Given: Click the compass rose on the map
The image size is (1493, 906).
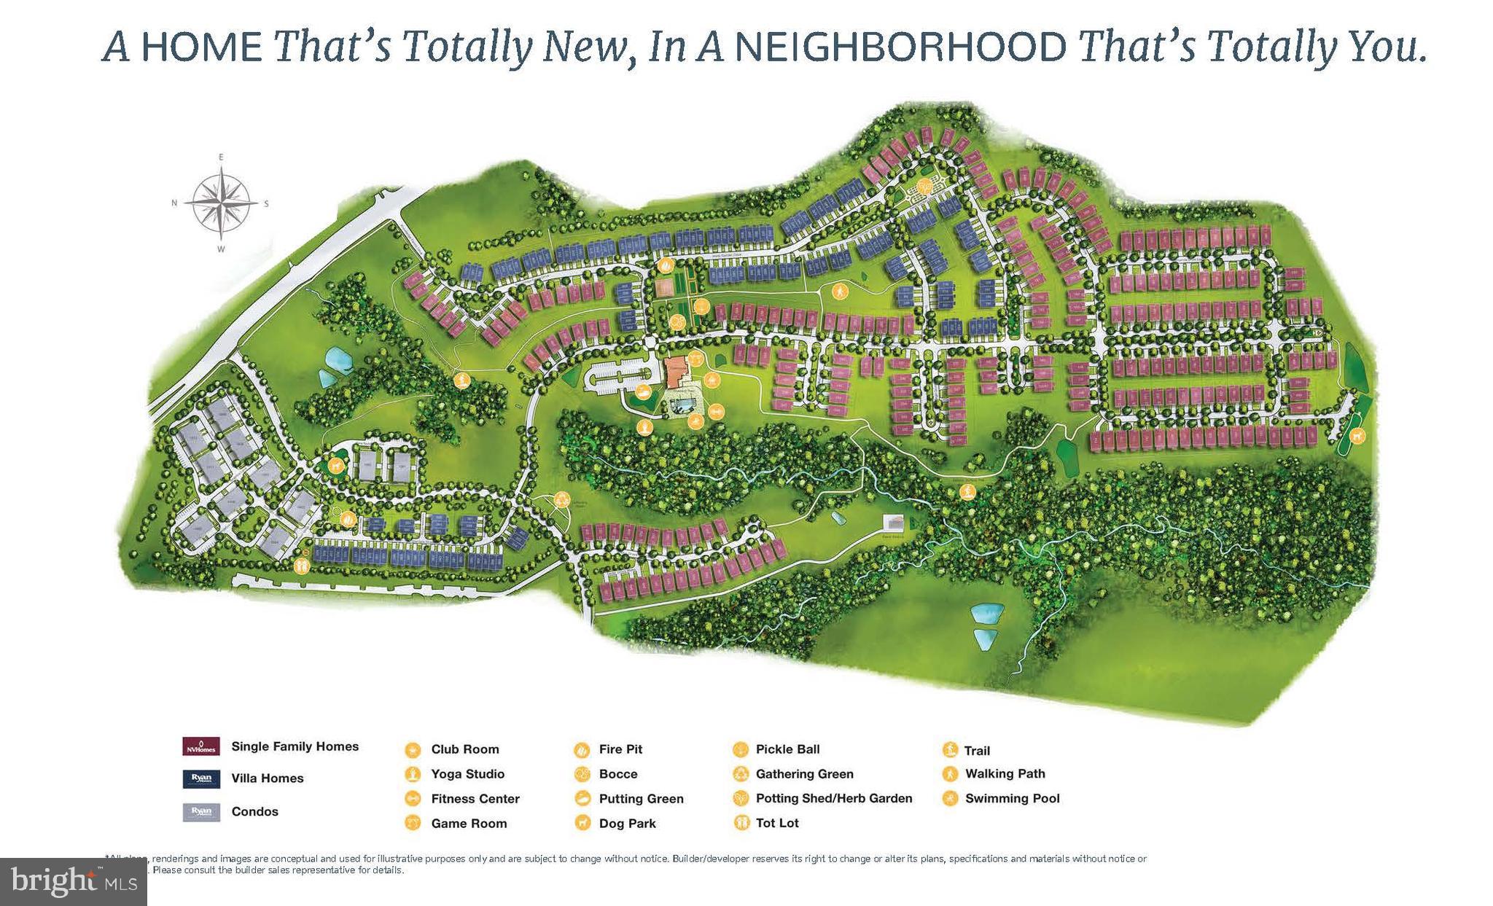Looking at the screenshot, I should click(x=221, y=203).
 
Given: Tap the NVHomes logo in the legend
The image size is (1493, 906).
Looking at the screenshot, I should click(x=200, y=746).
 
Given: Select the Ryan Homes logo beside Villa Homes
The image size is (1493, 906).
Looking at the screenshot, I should click(x=200, y=778).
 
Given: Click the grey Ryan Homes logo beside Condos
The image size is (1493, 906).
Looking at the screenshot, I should click(x=200, y=811).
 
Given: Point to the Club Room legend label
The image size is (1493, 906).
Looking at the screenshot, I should click(x=464, y=749).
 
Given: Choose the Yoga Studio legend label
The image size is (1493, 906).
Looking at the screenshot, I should click(x=467, y=774).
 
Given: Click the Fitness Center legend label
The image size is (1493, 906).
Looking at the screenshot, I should click(x=475, y=799).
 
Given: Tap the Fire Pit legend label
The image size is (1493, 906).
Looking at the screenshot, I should click(x=620, y=749).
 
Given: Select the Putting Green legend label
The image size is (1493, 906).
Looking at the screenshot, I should click(x=641, y=799).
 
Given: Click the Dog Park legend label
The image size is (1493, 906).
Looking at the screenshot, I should click(x=627, y=824).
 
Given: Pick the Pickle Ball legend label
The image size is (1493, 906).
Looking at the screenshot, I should click(x=787, y=749).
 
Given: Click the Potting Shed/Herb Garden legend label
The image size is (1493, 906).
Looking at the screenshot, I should click(x=833, y=798).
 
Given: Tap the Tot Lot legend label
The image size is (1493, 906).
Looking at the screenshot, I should click(x=777, y=823).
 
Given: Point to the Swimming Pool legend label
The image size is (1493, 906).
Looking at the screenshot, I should click(x=1012, y=798).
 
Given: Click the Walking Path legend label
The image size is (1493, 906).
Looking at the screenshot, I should click(x=1005, y=773).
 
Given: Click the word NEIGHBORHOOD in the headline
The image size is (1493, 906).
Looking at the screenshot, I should click(x=900, y=46).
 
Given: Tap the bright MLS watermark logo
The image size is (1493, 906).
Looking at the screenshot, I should click(x=74, y=882).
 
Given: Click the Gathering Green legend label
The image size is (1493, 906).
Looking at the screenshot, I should click(x=804, y=774).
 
